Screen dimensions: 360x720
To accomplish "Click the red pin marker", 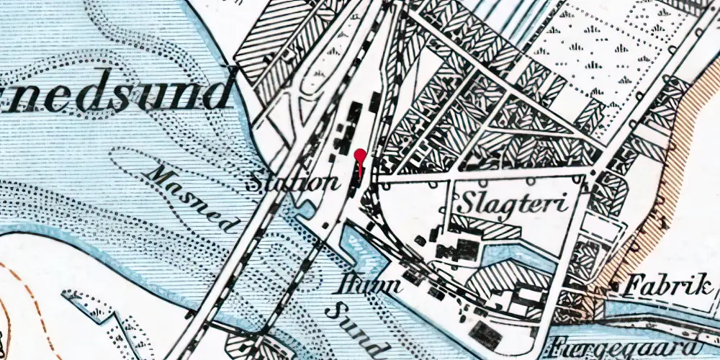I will point(360,155).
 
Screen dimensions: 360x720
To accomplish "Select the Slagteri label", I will point(512,202).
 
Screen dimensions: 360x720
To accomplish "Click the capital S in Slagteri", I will point(468,202).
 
